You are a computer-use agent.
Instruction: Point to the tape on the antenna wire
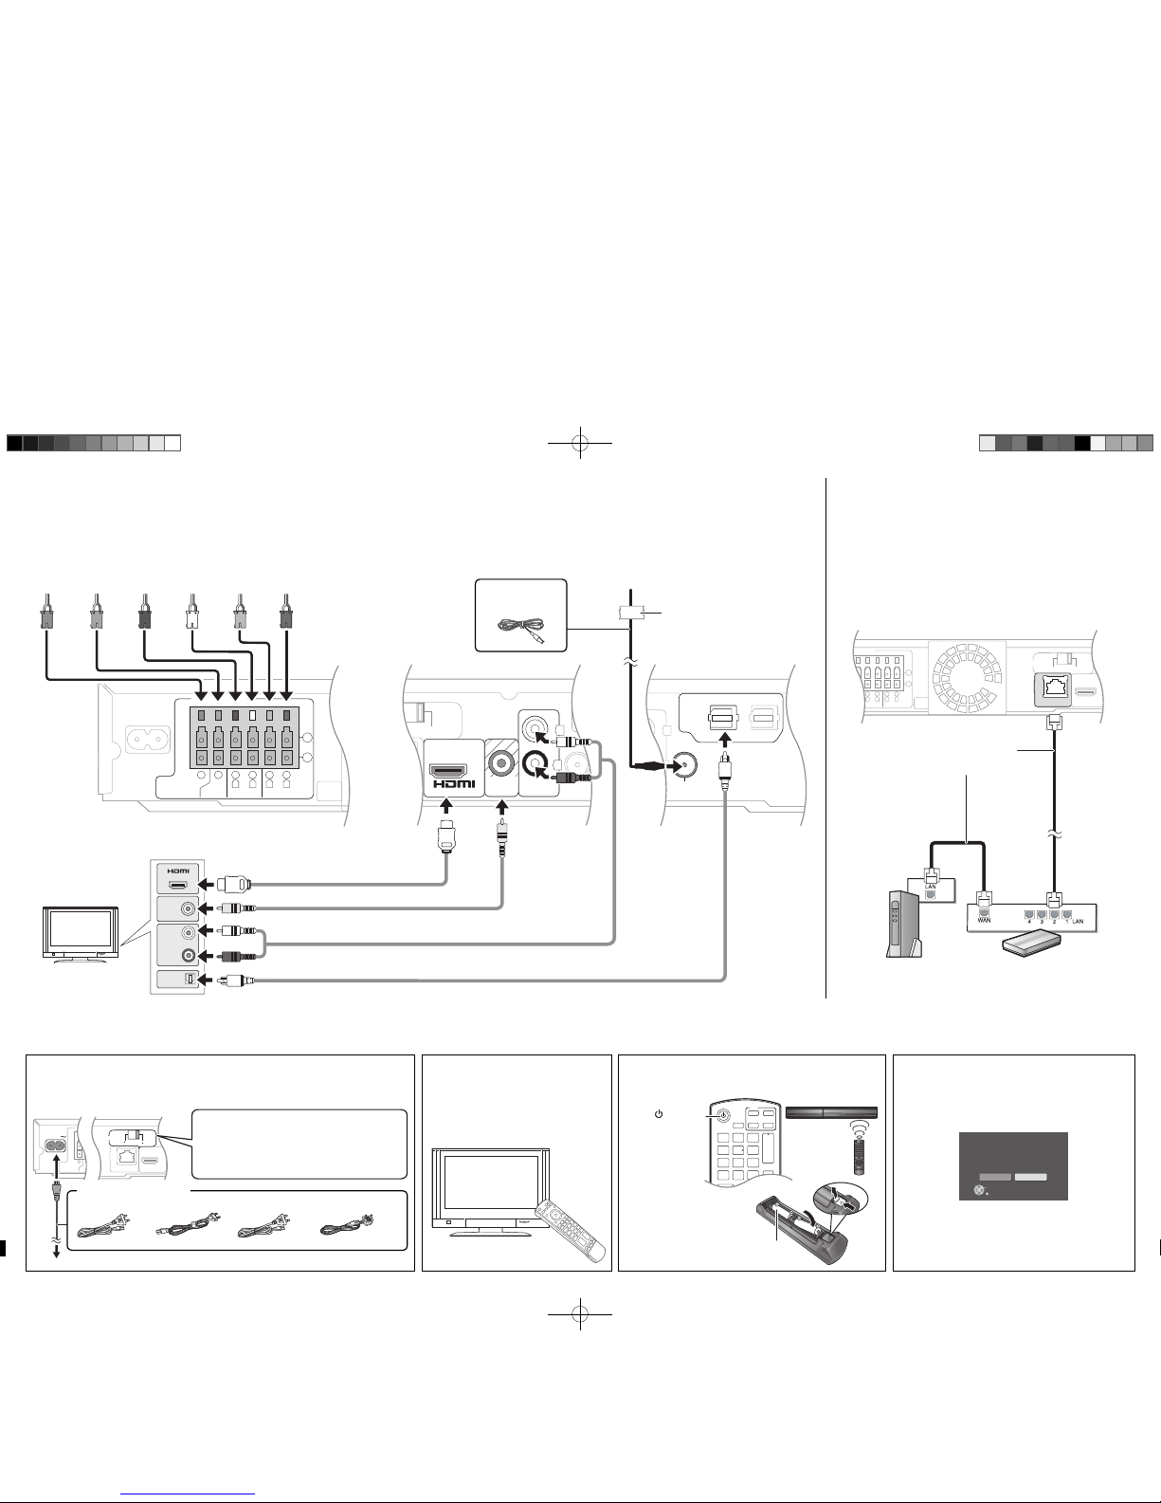point(630,612)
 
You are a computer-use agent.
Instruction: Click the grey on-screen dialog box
point(1013,1165)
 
